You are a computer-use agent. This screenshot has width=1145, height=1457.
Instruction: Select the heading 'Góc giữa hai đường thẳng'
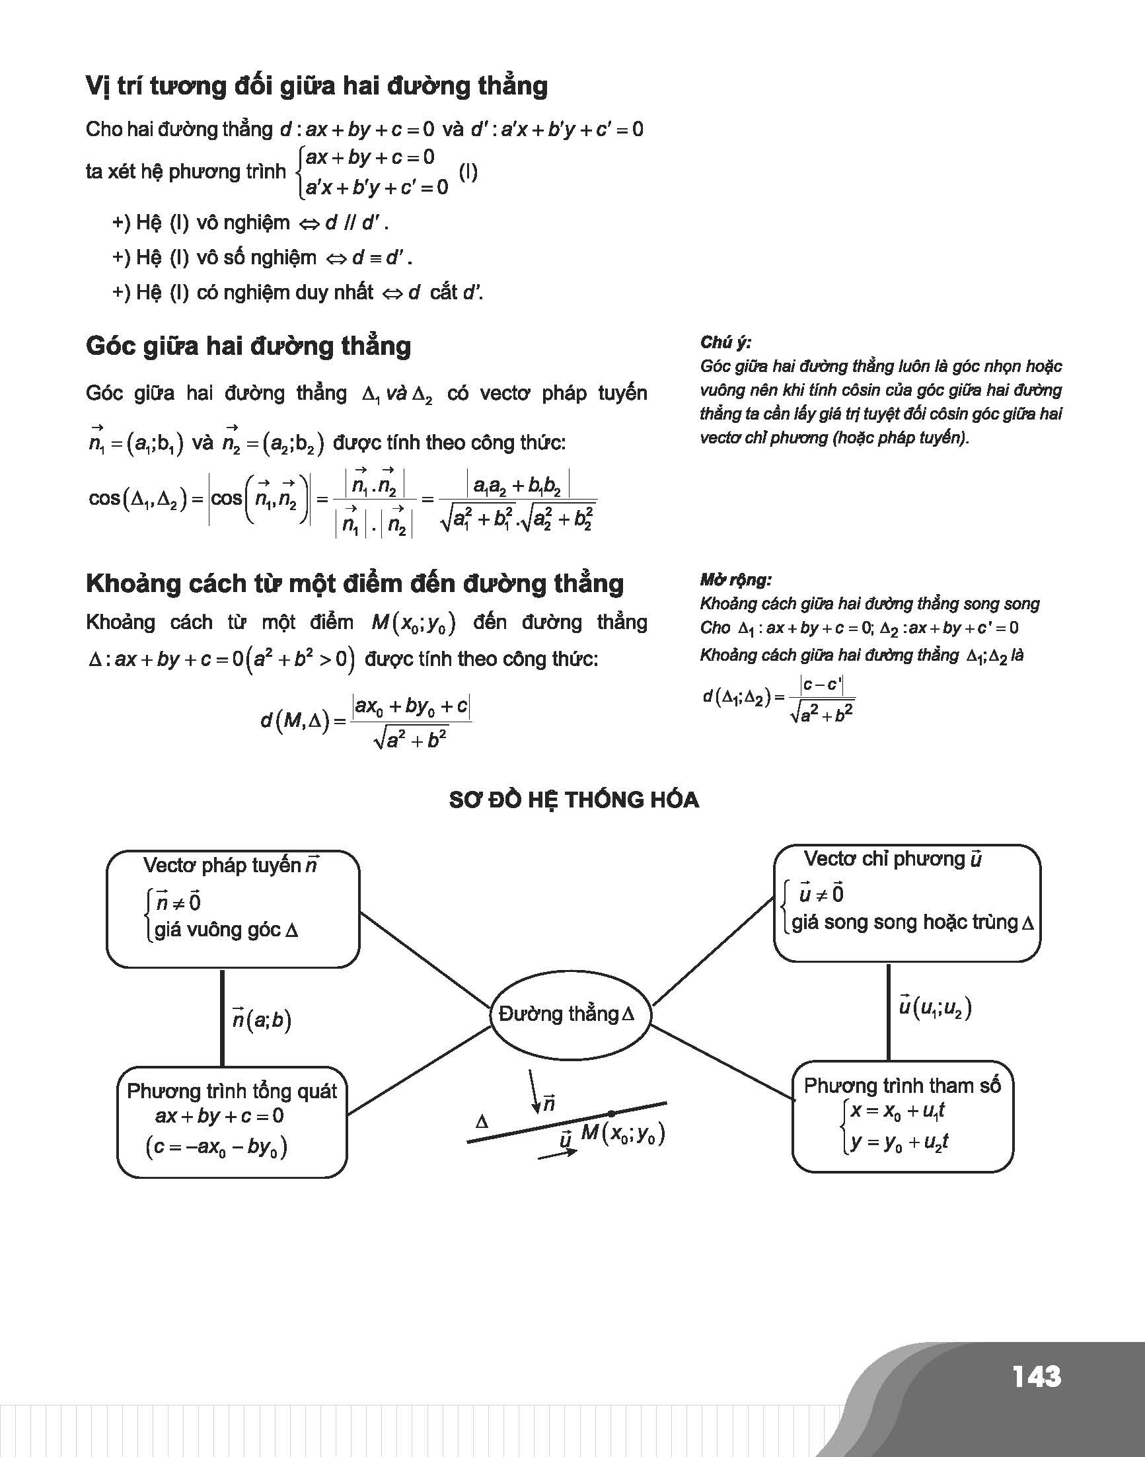248,346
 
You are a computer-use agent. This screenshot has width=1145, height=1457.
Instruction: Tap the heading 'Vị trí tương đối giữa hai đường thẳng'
317,87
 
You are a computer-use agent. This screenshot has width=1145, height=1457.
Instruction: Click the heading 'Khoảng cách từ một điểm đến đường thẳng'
355,584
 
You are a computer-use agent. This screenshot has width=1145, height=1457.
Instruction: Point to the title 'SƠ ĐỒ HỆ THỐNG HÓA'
574,800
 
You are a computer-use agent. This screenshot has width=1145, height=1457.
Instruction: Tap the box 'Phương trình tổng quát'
232,1122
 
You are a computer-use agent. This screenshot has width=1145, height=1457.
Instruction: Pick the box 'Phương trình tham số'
903,1117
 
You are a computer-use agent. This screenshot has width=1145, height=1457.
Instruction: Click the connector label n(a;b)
262,1020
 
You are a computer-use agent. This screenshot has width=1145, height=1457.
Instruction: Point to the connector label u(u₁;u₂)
934,1008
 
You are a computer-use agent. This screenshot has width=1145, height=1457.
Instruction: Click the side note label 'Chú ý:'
725,343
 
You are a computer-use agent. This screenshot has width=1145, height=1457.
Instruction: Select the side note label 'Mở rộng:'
735,580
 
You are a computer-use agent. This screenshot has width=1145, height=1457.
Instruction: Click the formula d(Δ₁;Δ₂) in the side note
778,698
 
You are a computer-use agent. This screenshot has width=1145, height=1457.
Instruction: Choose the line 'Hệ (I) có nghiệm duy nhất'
297,293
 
